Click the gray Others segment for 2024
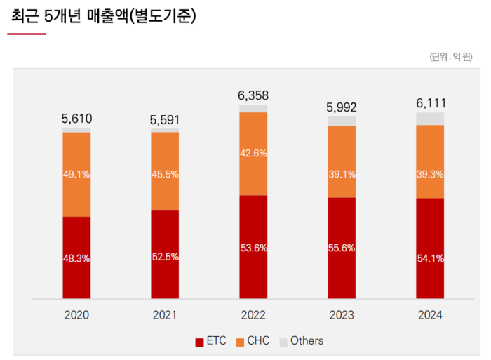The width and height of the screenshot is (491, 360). pyautogui.click(x=430, y=119)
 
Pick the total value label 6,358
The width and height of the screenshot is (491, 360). pyautogui.click(x=253, y=95)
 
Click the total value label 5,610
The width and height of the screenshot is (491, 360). pyautogui.click(x=77, y=119)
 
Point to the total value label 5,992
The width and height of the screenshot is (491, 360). pyautogui.click(x=342, y=107)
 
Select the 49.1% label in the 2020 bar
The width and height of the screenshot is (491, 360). pyautogui.click(x=76, y=174)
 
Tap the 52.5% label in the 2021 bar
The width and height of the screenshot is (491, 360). pyautogui.click(x=165, y=257)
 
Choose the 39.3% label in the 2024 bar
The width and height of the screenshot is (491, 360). pyautogui.click(x=430, y=174)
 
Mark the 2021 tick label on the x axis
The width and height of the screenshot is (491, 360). pyautogui.click(x=165, y=316)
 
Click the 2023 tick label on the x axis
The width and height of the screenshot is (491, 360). pyautogui.click(x=342, y=316)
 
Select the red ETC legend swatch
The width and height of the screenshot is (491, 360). pyautogui.click(x=199, y=342)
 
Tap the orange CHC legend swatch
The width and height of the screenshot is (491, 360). pyautogui.click(x=240, y=342)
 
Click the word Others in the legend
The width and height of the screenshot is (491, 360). pyautogui.click(x=307, y=341)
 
